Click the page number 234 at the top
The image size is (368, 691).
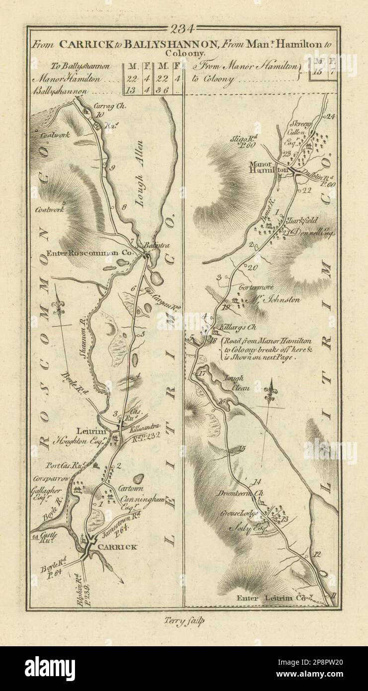184,28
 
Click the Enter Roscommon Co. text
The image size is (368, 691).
89,253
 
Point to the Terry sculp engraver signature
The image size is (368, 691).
184,619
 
